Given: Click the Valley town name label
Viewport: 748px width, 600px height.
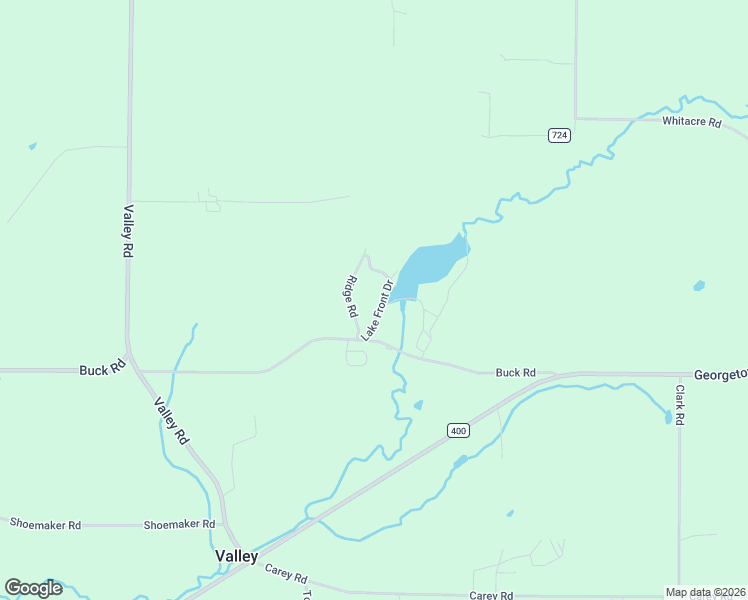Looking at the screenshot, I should [x=237, y=556].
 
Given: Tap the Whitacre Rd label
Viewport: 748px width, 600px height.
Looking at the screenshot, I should [x=691, y=122].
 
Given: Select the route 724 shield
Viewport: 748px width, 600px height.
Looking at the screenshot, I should [x=559, y=135].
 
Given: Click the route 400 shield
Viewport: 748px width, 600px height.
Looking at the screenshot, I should [x=458, y=431].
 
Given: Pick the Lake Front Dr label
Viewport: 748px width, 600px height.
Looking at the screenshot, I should [x=378, y=310].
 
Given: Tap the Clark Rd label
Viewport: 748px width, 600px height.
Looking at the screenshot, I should [x=679, y=405].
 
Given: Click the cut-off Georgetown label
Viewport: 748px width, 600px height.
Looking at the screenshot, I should [x=721, y=372].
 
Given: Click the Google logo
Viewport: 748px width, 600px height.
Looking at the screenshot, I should [x=33, y=588].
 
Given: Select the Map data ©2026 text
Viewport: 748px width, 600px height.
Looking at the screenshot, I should [x=704, y=592].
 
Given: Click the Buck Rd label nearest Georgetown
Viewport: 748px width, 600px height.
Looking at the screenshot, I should [x=515, y=373].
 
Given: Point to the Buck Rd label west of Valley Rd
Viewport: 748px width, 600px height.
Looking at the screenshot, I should [x=101, y=369].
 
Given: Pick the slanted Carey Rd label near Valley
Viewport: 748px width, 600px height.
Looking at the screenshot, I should [x=286, y=574].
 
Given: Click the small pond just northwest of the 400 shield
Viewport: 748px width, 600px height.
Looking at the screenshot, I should [x=418, y=405].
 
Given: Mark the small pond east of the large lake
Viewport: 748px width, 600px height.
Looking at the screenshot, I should [x=699, y=286].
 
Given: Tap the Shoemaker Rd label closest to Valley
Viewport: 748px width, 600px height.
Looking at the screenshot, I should [x=179, y=524].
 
